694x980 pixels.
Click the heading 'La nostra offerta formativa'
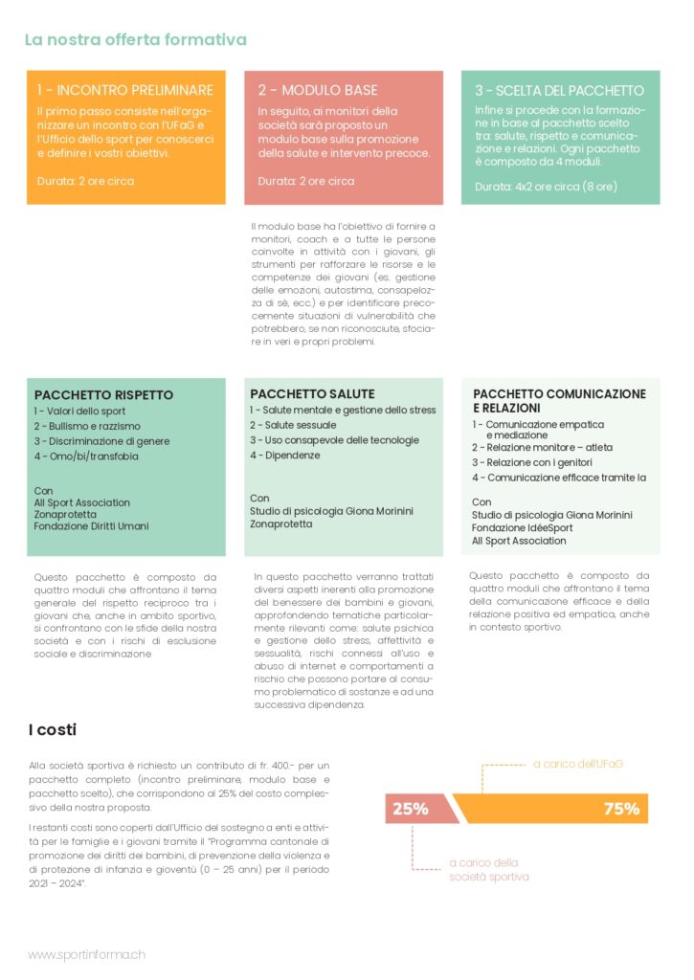[x=135, y=39]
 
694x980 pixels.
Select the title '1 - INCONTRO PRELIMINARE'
[x=124, y=91]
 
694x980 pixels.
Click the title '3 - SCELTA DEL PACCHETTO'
[x=559, y=91]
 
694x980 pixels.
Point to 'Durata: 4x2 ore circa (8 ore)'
[x=546, y=186]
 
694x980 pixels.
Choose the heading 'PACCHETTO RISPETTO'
[x=103, y=394]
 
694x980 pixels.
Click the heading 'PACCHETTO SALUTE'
[x=312, y=393]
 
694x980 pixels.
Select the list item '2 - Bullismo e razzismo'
[x=87, y=426]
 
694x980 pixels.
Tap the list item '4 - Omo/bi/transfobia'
[x=86, y=457]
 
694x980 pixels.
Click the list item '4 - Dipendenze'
[x=285, y=456]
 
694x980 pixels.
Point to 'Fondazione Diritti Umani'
[x=91, y=525]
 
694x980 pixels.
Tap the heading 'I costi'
[x=53, y=730]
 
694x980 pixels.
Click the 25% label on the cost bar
[x=410, y=809]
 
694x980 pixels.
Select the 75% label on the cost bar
[x=620, y=809]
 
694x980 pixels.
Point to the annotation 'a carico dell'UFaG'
[x=578, y=764]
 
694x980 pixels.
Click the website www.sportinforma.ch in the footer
[x=87, y=954]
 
